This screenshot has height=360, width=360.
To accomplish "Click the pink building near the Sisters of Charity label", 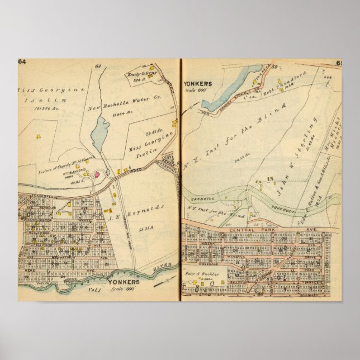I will [x=96, y=174].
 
